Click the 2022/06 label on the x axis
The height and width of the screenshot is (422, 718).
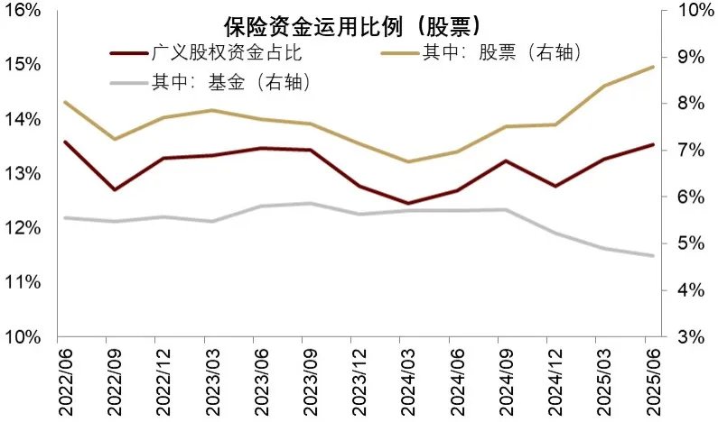click(x=66, y=379)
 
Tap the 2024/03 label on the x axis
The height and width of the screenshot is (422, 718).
click(x=407, y=379)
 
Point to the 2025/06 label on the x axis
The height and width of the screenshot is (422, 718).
click(x=652, y=379)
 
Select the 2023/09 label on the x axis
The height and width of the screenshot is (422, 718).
click(x=310, y=379)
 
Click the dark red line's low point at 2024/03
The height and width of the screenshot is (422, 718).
click(x=407, y=204)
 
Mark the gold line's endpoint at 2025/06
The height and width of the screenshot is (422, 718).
click(x=652, y=67)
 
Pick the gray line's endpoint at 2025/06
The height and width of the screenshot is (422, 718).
click(x=652, y=255)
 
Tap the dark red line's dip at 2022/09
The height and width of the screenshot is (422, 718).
click(x=115, y=189)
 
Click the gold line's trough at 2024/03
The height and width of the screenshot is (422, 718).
click(x=407, y=162)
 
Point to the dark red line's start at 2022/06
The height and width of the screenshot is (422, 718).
click(x=66, y=142)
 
